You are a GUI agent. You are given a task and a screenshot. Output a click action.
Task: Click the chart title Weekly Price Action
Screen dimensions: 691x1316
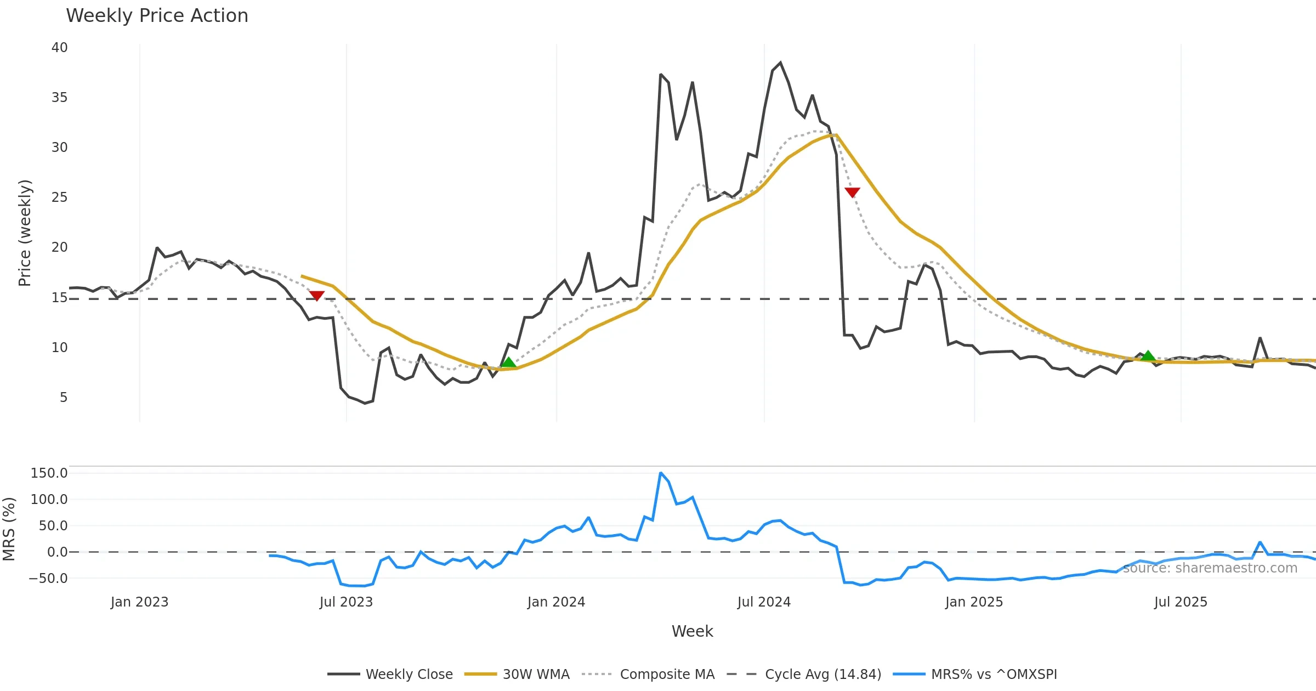click(157, 16)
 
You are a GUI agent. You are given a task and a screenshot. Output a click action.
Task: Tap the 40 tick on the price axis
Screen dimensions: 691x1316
click(59, 48)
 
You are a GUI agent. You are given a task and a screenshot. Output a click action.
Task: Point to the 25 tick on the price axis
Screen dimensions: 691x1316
click(59, 197)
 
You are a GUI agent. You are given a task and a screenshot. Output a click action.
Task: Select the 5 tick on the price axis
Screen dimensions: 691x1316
click(64, 398)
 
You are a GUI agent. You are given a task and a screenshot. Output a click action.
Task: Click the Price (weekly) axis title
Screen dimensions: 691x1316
click(25, 233)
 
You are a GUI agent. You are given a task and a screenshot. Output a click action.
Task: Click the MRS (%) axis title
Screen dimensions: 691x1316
click(9, 529)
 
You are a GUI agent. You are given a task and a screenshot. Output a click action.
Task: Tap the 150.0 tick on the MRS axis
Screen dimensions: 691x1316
click(49, 473)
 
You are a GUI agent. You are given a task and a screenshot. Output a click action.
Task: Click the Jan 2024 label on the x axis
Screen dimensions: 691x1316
click(556, 602)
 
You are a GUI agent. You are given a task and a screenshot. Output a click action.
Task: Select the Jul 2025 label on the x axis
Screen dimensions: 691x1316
click(1181, 602)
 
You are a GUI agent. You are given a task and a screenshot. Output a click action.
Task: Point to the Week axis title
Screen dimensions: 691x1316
click(692, 632)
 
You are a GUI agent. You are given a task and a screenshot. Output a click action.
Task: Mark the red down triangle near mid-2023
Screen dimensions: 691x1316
click(317, 296)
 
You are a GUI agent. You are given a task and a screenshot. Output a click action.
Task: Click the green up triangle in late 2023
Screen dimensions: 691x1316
click(509, 362)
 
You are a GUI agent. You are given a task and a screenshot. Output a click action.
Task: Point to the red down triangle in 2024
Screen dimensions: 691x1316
click(852, 192)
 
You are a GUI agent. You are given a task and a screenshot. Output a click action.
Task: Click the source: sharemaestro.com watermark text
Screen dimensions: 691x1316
click(1210, 568)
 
